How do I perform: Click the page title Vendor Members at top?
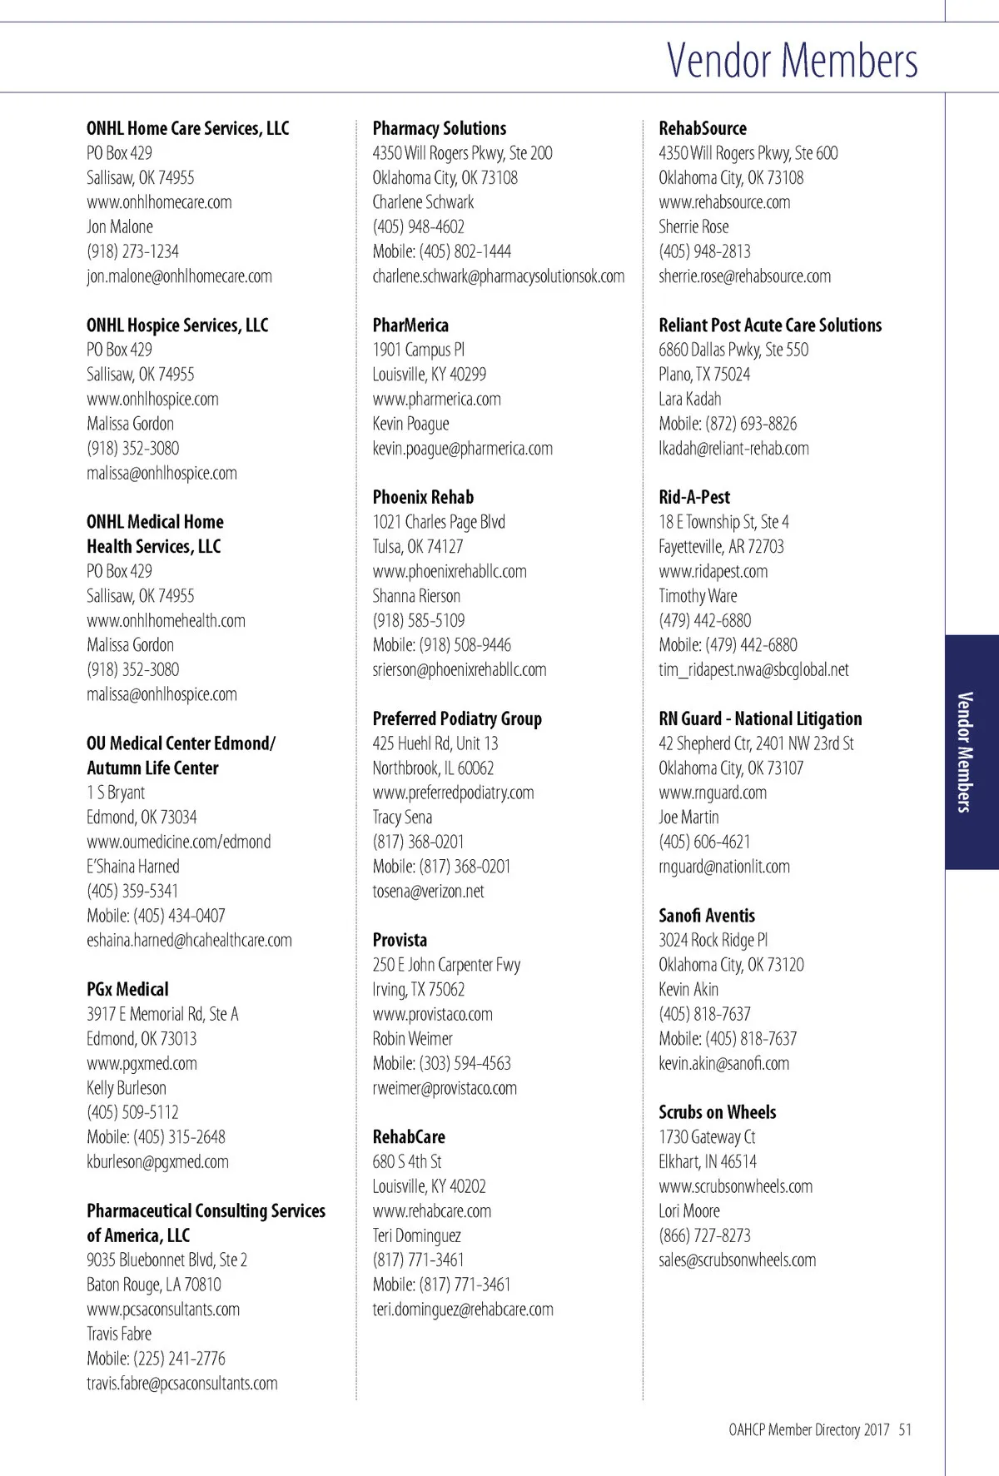tap(792, 60)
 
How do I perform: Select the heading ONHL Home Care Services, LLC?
tap(187, 128)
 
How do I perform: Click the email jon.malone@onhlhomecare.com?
tap(179, 276)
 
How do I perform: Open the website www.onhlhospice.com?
tap(152, 400)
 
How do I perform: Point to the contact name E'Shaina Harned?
tap(132, 867)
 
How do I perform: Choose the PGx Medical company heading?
tap(127, 990)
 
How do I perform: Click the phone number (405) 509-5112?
tap(132, 1113)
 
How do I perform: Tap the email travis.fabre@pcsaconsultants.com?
tap(181, 1384)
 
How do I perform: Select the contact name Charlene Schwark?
tap(423, 202)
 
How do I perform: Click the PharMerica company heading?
tap(410, 326)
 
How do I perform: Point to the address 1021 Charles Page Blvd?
tap(439, 522)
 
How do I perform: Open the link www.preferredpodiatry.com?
tap(453, 793)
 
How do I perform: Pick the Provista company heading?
tap(400, 941)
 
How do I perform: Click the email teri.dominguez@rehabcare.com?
tap(463, 1310)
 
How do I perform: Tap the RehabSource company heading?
tap(703, 128)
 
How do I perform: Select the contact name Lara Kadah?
tap(690, 400)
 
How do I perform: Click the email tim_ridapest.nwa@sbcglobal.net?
tap(753, 670)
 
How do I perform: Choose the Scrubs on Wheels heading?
tap(717, 1113)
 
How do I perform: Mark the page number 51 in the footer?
tap(905, 1430)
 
